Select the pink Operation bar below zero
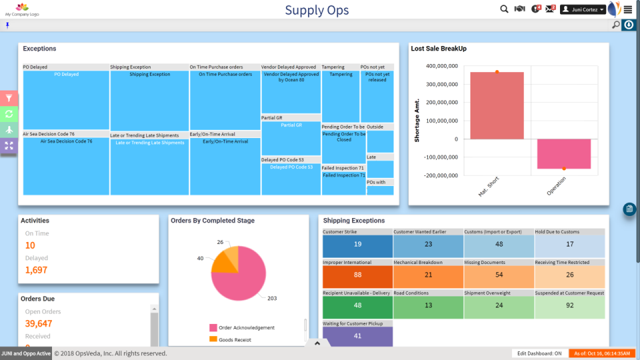point(564,154)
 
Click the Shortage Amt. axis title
point(417,117)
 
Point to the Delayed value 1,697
point(37,270)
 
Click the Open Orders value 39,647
point(39,323)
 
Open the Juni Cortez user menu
point(583,9)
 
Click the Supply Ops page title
point(317,10)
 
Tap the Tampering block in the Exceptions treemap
point(341,97)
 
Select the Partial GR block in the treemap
point(291,138)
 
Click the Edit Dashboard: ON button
point(539,353)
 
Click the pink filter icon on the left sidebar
point(9,98)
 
